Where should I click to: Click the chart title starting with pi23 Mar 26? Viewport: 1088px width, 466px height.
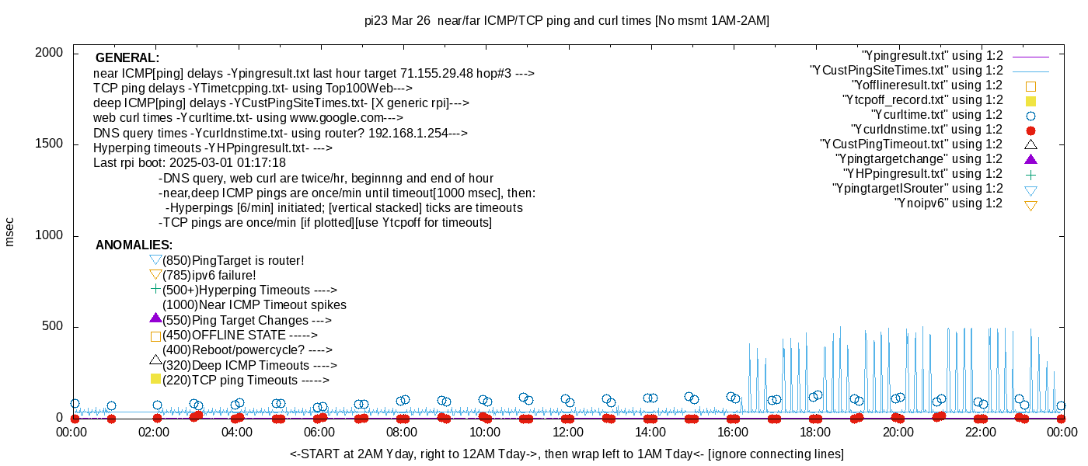click(567, 21)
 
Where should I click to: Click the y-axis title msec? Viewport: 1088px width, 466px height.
click(9, 231)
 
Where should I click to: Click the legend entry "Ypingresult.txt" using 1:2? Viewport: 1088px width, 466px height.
click(933, 56)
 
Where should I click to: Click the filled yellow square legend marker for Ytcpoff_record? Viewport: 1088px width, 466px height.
click(1031, 101)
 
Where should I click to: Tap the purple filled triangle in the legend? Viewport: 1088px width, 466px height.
click(1031, 159)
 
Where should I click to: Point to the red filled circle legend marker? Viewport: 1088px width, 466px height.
click(1031, 130)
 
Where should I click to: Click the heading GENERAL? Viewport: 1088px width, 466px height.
click(127, 58)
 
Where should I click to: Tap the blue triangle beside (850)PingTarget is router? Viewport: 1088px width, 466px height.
click(155, 259)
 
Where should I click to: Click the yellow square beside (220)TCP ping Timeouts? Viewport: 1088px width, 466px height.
click(155, 379)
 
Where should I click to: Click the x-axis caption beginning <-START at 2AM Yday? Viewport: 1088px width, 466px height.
click(567, 454)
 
